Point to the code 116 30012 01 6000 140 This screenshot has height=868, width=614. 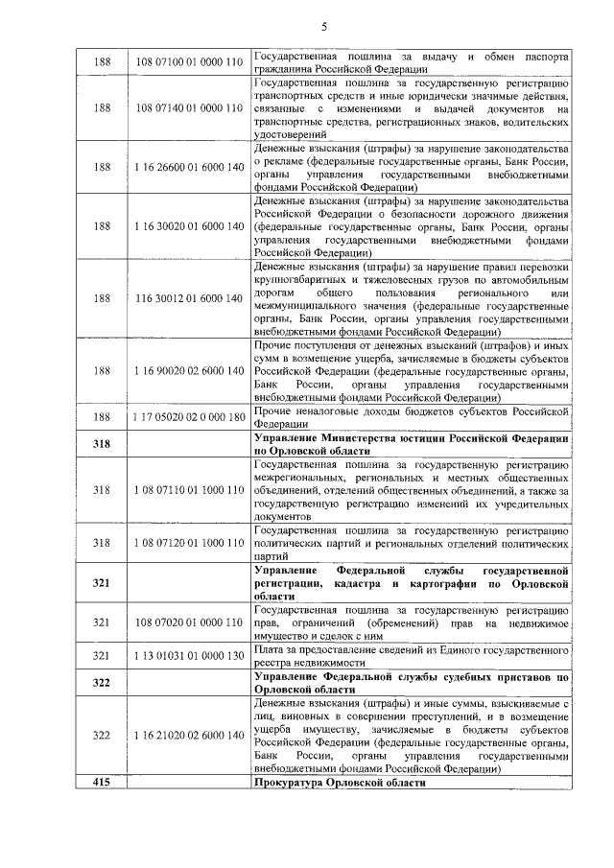pos(188,298)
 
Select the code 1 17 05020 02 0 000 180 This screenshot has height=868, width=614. pos(188,417)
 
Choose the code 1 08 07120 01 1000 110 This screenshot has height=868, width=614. pos(188,543)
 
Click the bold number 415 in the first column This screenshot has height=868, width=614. pos(102,783)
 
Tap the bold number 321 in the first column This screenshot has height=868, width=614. pos(102,582)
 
